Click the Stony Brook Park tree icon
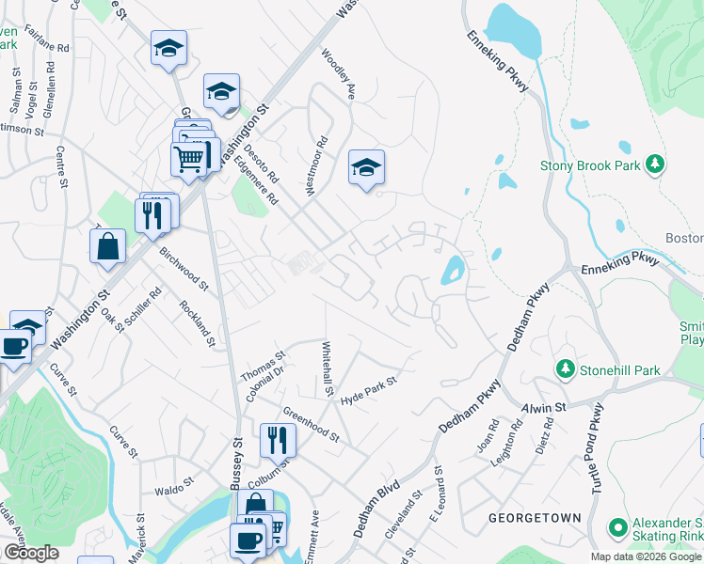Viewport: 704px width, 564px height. coord(656,165)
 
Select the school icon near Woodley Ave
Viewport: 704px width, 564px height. coord(366,167)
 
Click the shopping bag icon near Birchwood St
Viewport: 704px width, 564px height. coord(108,246)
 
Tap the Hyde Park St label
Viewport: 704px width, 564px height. coord(370,391)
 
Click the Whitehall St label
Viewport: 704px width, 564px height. coord(330,368)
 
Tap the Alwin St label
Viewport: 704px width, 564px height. coord(545,408)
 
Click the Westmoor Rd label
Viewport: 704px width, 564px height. coord(316,167)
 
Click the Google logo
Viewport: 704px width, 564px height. coord(31,553)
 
